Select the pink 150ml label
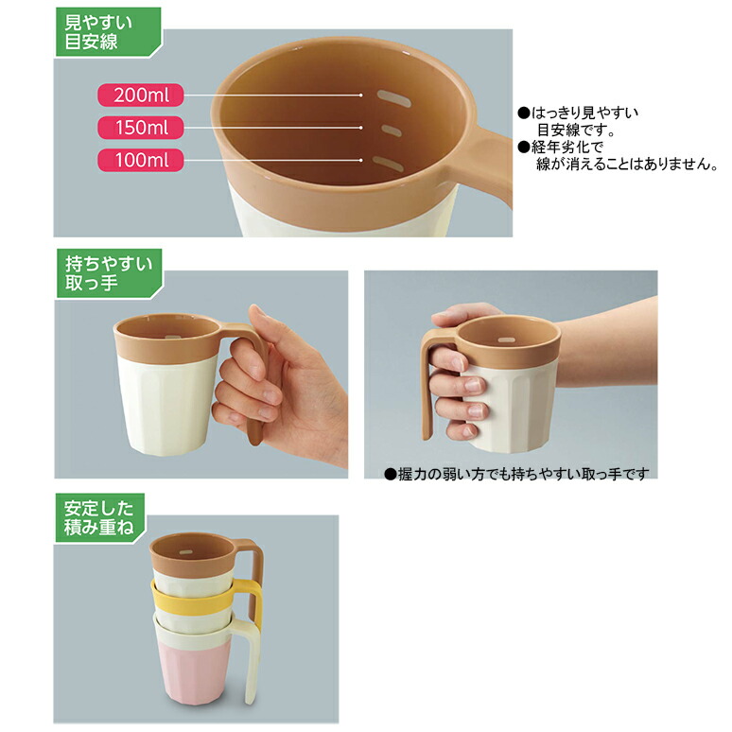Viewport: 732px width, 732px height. click(x=139, y=127)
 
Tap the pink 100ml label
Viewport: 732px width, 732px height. click(x=139, y=160)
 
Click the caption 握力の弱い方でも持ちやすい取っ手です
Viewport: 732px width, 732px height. click(x=516, y=474)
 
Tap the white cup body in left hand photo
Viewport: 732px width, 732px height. click(x=161, y=397)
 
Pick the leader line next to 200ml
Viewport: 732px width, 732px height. click(x=273, y=95)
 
